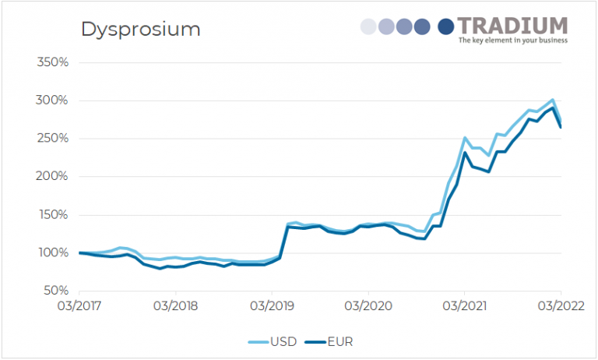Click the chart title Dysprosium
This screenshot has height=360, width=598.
click(141, 30)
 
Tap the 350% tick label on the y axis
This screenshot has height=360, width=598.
click(54, 62)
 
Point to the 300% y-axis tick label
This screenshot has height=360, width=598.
click(54, 101)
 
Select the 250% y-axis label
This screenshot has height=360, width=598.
click(54, 139)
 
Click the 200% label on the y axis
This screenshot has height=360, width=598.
click(54, 177)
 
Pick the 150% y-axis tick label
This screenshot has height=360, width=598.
click(54, 215)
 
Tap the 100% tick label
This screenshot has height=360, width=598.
click(54, 253)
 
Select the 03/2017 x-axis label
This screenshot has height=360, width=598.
click(79, 305)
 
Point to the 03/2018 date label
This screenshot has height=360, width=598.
click(175, 305)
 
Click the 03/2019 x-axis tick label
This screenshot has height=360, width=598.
click(272, 305)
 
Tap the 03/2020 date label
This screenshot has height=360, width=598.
click(368, 305)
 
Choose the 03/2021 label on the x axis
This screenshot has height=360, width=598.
click(464, 305)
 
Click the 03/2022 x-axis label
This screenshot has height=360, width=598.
click(559, 305)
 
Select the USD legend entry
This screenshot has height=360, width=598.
click(276, 341)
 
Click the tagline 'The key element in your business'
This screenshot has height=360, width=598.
click(512, 41)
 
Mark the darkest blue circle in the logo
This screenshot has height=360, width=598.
click(446, 26)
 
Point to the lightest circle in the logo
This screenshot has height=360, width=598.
click(368, 26)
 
